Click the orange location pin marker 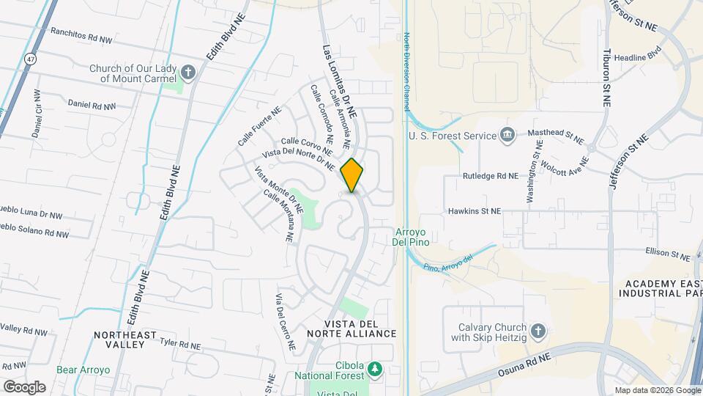(x=352, y=175)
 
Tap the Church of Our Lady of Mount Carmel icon (x=189, y=72)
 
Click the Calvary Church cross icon (x=538, y=332)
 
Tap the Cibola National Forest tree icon (x=375, y=367)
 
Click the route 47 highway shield (x=29, y=57)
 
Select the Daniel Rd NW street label (x=92, y=105)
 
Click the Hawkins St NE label (x=475, y=210)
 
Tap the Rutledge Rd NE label (x=490, y=176)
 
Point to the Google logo (x=23, y=386)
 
